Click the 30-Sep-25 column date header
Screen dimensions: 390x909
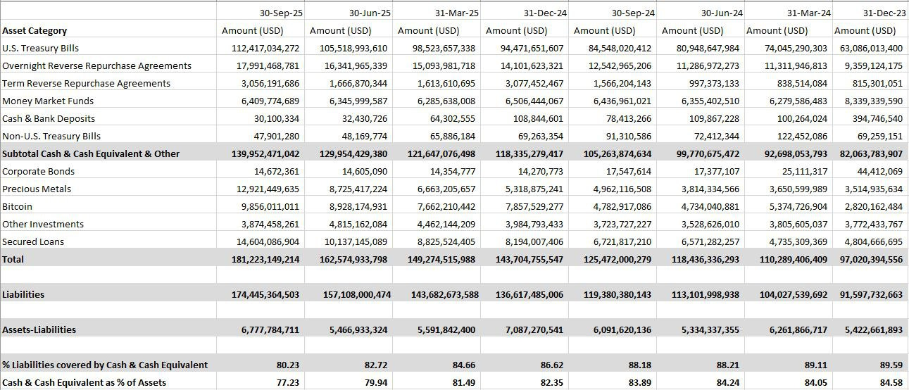click(x=280, y=13)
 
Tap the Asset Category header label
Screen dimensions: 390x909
click(x=35, y=30)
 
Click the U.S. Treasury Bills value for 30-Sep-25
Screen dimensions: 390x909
click(x=265, y=48)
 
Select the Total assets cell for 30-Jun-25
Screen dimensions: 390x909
click(x=349, y=259)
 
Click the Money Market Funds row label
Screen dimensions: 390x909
click(x=48, y=101)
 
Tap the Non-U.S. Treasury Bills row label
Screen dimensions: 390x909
click(x=51, y=136)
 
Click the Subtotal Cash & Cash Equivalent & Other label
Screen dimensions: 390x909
click(x=91, y=153)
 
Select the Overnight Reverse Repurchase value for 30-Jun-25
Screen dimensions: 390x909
click(x=349, y=65)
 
